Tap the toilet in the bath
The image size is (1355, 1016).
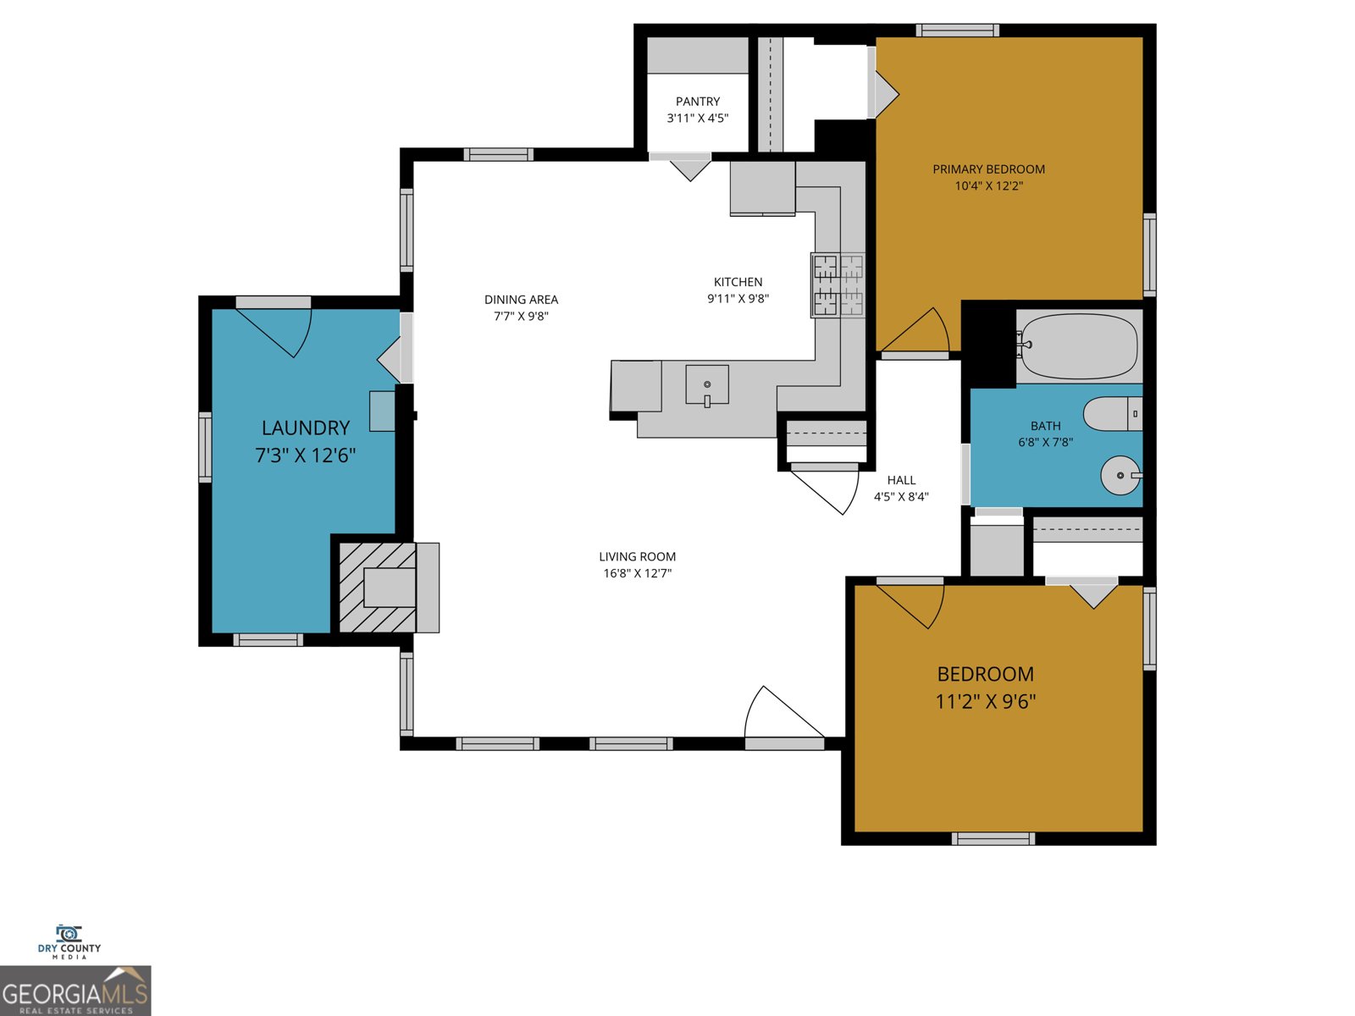1112,413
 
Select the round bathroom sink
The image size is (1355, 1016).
1120,476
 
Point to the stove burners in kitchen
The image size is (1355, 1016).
838,284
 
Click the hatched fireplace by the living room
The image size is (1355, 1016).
378,588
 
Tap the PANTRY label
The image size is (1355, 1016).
698,102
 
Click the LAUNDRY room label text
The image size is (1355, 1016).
305,428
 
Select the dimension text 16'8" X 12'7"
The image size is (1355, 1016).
637,573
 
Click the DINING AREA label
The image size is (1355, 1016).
521,300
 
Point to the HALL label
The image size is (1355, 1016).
901,480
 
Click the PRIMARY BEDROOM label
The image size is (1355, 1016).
988,169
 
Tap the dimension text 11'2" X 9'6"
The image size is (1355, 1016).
986,701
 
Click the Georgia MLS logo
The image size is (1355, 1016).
75,991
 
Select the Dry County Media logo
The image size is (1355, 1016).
69,941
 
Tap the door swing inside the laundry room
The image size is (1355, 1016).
279,330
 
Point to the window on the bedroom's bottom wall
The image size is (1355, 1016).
993,839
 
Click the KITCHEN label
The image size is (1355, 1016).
738,282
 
